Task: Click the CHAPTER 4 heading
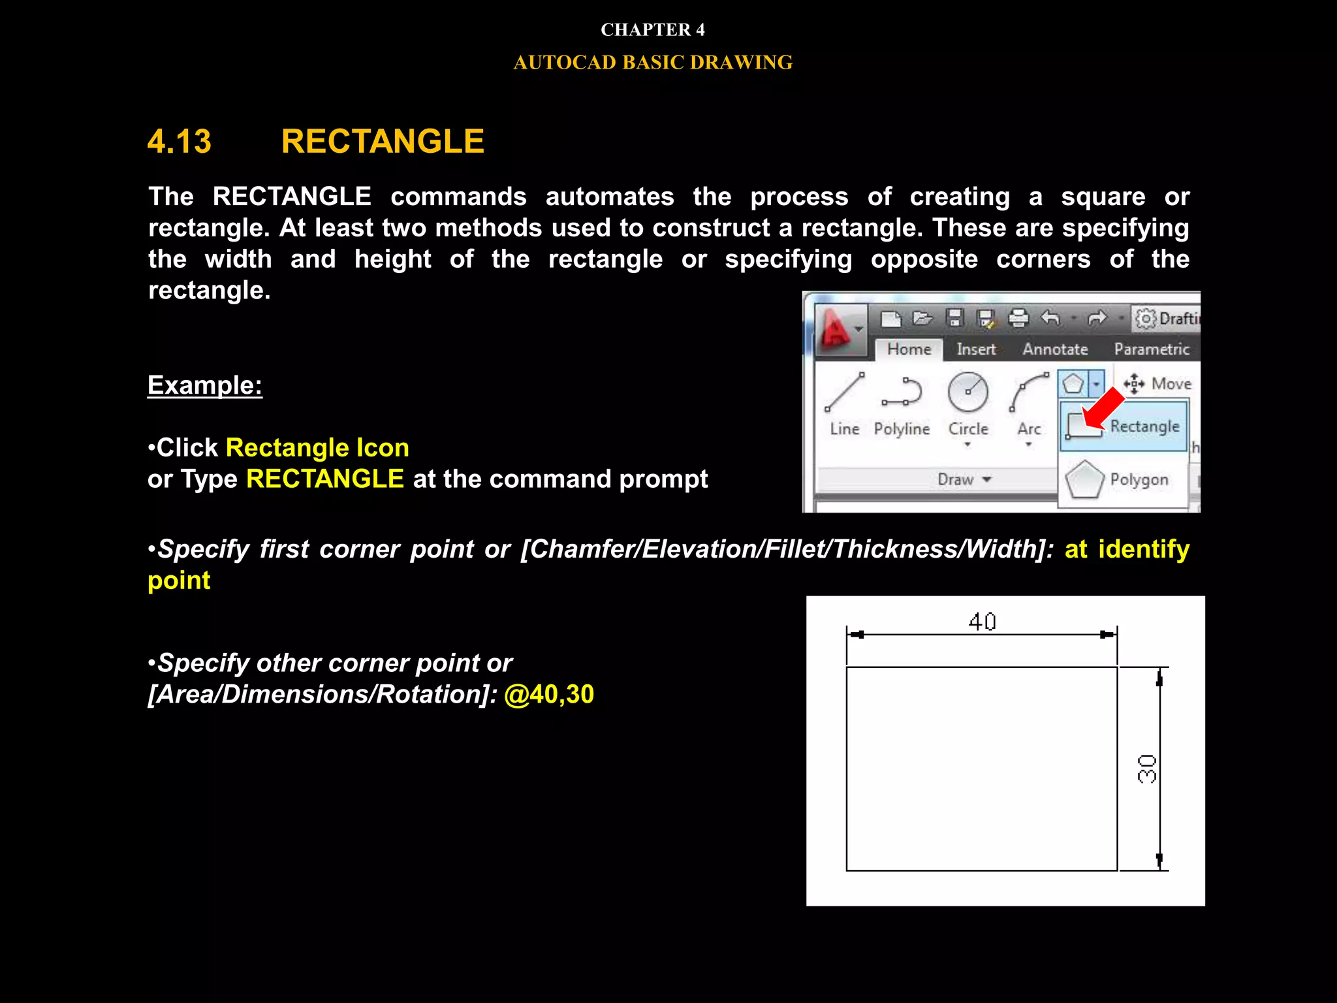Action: pos(652,30)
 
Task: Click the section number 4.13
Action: pos(180,142)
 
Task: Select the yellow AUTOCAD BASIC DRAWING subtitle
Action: pos(652,63)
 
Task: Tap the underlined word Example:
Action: pos(205,385)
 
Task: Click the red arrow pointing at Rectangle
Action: pos(1103,407)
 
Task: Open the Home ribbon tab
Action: pos(909,349)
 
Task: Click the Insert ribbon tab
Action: pos(976,349)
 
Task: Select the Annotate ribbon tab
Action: pos(1055,349)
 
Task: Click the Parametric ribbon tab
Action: pos(1152,349)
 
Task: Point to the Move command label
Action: pos(1171,384)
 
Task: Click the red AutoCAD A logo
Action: pos(836,330)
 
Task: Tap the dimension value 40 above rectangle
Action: pos(982,621)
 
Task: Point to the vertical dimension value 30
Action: pos(1147,769)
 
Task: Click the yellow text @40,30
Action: pos(548,694)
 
